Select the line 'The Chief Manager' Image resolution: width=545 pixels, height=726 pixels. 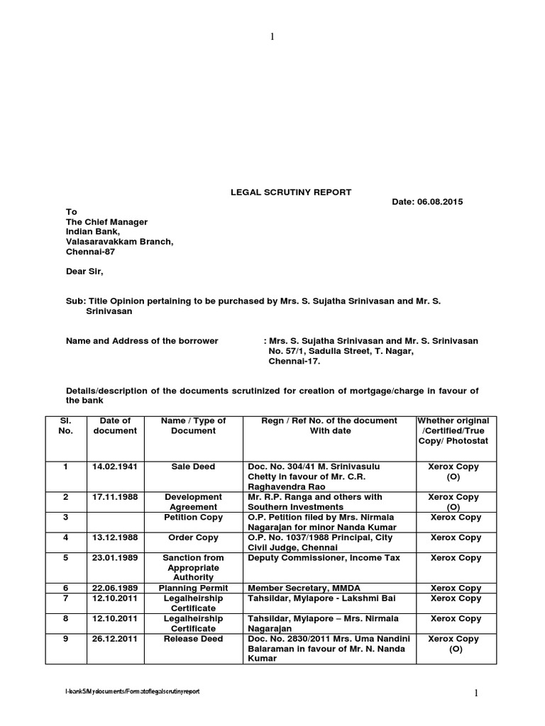(x=106, y=222)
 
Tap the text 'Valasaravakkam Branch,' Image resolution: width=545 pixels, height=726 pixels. (x=119, y=242)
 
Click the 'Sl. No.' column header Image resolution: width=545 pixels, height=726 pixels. (x=65, y=425)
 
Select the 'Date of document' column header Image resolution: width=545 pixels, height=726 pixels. (x=116, y=425)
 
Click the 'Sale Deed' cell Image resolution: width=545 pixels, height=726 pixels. (x=193, y=467)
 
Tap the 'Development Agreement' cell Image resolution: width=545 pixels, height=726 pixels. (x=193, y=502)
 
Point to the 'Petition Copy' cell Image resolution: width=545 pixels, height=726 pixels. (x=193, y=518)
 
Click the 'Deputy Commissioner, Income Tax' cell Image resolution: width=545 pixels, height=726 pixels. (x=323, y=558)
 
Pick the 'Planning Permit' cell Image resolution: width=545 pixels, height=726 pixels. (x=193, y=588)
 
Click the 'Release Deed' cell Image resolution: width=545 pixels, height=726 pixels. (x=193, y=639)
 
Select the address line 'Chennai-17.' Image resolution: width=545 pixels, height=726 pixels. (x=294, y=361)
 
